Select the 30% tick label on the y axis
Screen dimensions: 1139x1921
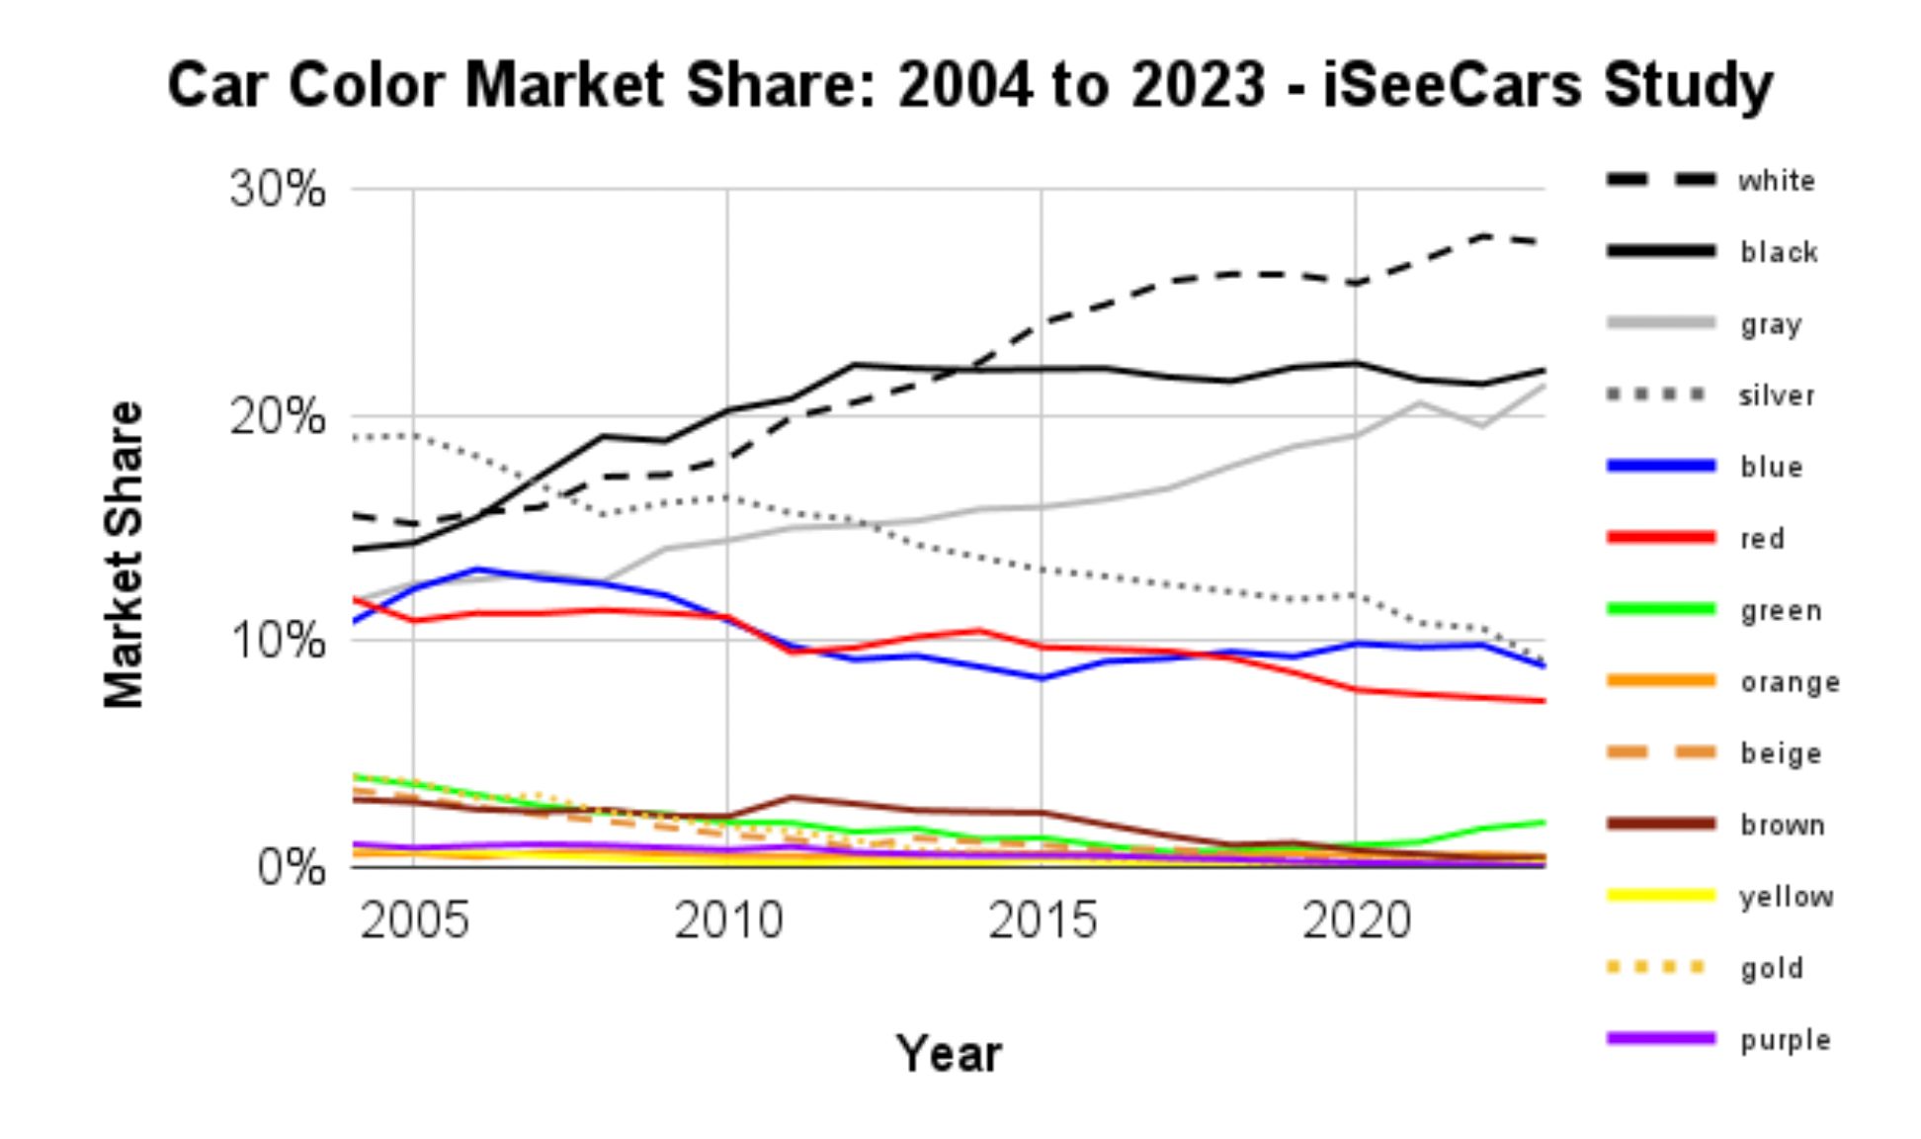pyautogui.click(x=277, y=188)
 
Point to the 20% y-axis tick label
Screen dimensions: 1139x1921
pyautogui.click(x=277, y=415)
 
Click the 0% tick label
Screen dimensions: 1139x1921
pyautogui.click(x=291, y=867)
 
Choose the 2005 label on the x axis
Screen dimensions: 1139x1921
pyautogui.click(x=414, y=920)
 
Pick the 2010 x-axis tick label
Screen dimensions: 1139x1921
pyautogui.click(x=728, y=920)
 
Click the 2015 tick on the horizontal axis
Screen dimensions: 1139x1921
pyautogui.click(x=1042, y=920)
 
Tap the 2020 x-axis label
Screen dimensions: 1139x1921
pyautogui.click(x=1356, y=920)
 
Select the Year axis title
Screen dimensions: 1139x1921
pyautogui.click(x=948, y=1053)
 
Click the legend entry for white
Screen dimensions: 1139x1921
pyautogui.click(x=1776, y=181)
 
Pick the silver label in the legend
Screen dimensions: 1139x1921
pyautogui.click(x=1776, y=395)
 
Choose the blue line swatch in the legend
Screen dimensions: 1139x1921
pyautogui.click(x=1661, y=466)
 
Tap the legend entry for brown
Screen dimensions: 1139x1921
pyautogui.click(x=1782, y=825)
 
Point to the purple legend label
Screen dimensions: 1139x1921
pyautogui.click(x=1785, y=1039)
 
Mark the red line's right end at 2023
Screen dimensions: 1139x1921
pyautogui.click(x=1543, y=701)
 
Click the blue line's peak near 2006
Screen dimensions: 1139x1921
pyautogui.click(x=477, y=569)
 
